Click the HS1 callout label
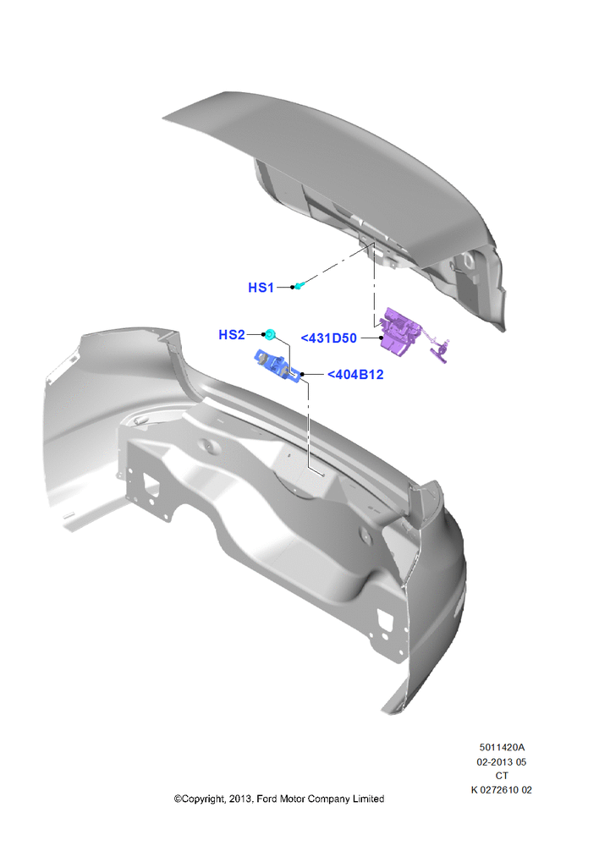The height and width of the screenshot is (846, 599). [x=261, y=288]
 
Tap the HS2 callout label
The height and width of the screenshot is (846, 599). [x=232, y=334]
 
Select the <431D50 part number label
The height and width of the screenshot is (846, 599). [x=328, y=338]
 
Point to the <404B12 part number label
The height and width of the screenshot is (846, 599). [x=355, y=375]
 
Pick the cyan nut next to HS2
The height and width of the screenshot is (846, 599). [x=272, y=334]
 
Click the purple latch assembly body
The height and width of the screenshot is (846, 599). [x=401, y=332]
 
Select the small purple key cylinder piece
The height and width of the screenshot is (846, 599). [x=439, y=351]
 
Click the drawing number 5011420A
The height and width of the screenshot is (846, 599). [x=502, y=747]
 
